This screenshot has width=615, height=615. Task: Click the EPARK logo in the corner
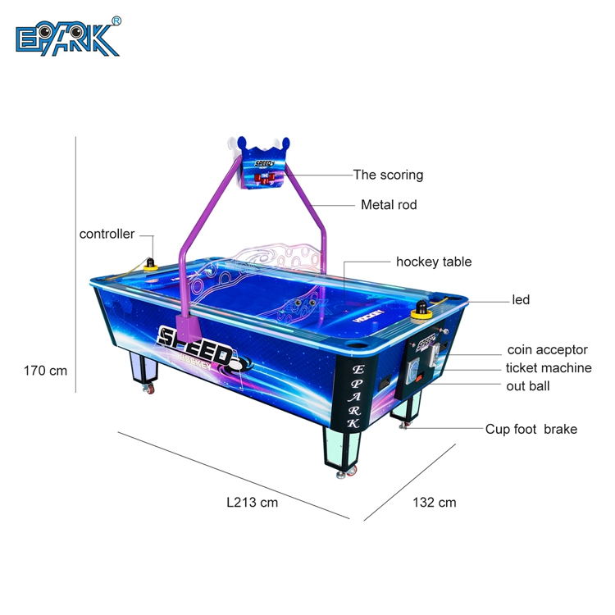tap(67, 37)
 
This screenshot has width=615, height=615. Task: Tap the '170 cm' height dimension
tap(45, 371)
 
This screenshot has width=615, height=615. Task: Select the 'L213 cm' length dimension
tap(253, 502)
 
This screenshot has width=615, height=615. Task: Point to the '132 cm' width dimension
tap(434, 502)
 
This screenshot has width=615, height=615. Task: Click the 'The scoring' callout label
tap(389, 175)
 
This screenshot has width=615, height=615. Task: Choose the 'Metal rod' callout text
tap(389, 205)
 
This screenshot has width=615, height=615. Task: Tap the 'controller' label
tap(107, 234)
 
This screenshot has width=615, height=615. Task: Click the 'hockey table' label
tap(434, 262)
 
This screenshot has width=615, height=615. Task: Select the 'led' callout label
tap(521, 299)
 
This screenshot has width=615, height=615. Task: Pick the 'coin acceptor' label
tap(548, 349)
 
